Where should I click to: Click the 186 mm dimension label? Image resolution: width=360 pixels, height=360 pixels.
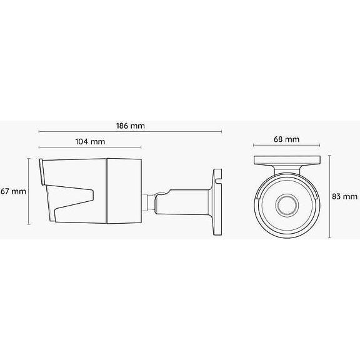(x=130, y=125)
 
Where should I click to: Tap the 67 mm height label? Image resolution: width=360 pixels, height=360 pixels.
(x=12, y=191)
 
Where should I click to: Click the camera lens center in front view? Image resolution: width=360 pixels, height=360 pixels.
(x=288, y=204)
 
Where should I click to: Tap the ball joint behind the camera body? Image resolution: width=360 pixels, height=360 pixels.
(x=150, y=201)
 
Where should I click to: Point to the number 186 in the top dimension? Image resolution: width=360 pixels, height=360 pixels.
(x=123, y=125)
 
